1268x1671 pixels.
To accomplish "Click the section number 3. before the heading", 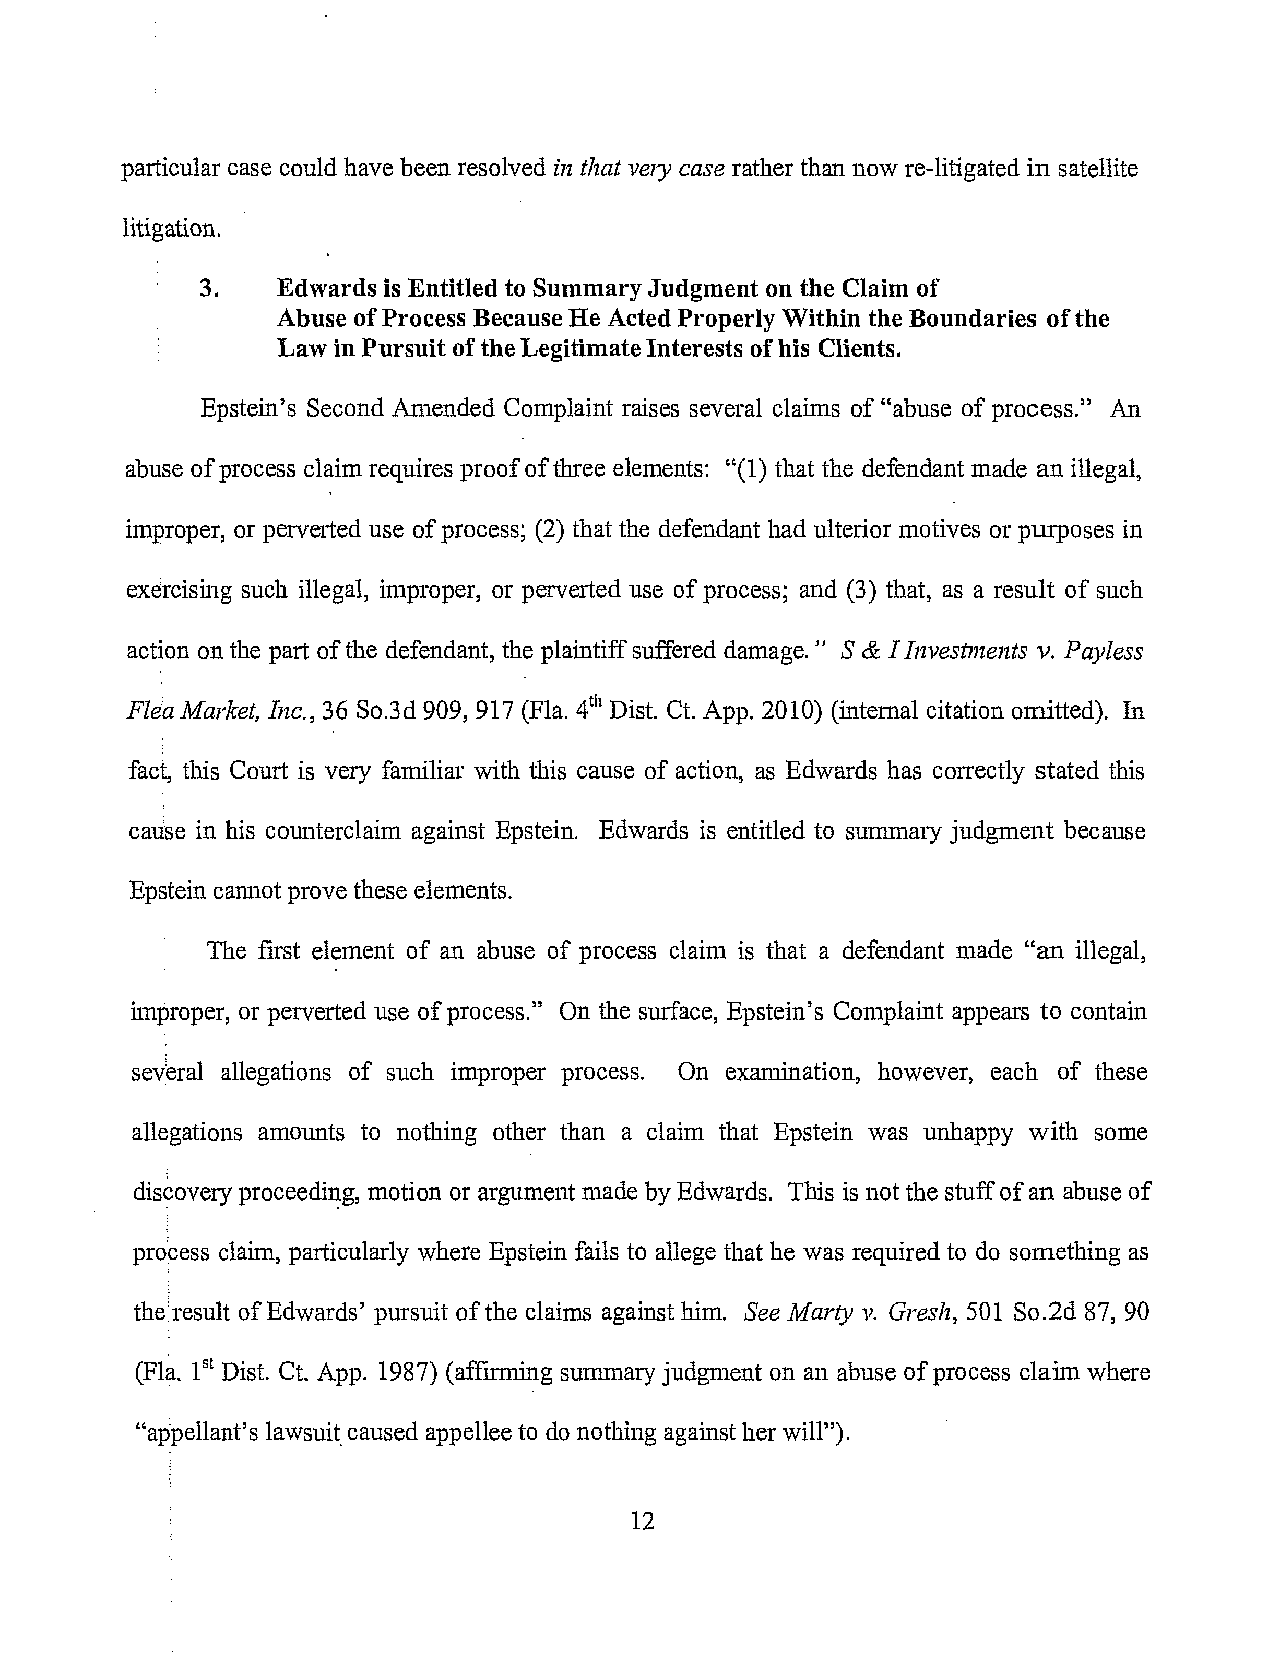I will click(210, 289).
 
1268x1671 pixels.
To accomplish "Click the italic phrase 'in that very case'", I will click(639, 169).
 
